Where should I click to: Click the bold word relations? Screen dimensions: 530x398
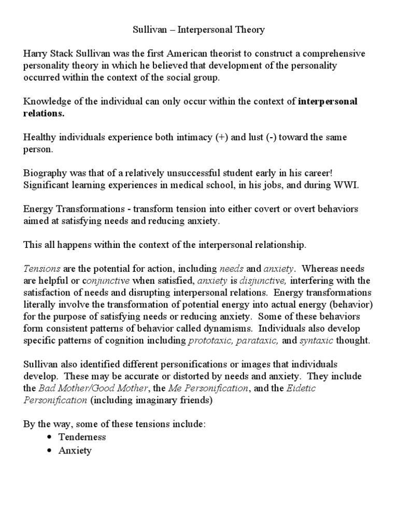[44, 113]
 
